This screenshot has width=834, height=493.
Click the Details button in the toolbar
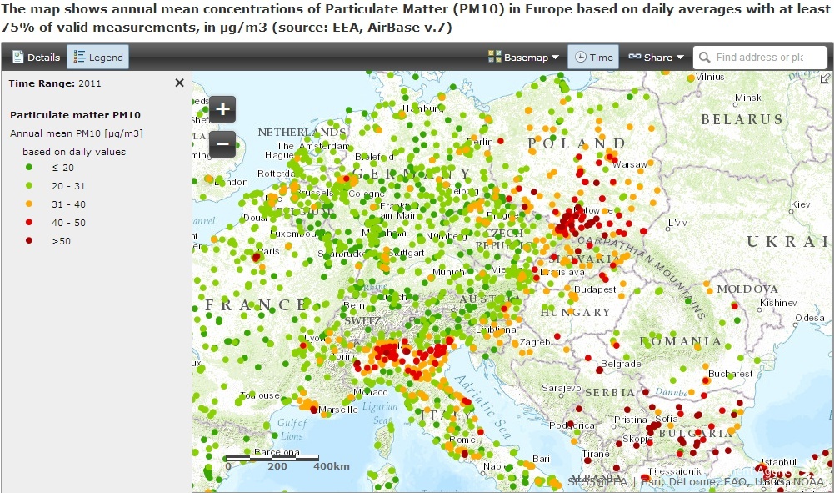(37, 58)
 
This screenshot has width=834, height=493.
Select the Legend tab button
(97, 58)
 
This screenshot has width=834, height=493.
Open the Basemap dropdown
(523, 58)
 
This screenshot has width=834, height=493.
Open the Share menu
(656, 58)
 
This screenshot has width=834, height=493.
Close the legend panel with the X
(179, 83)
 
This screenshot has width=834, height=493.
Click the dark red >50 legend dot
(30, 241)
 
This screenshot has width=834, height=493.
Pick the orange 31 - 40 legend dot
(30, 204)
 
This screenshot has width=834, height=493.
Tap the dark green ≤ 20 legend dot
(30, 168)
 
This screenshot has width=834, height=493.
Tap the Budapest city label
(595, 289)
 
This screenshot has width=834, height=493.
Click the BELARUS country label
(742, 119)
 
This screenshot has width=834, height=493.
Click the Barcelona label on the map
(276, 452)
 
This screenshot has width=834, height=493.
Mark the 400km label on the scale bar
(331, 466)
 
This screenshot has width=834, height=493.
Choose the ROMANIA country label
(681, 341)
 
